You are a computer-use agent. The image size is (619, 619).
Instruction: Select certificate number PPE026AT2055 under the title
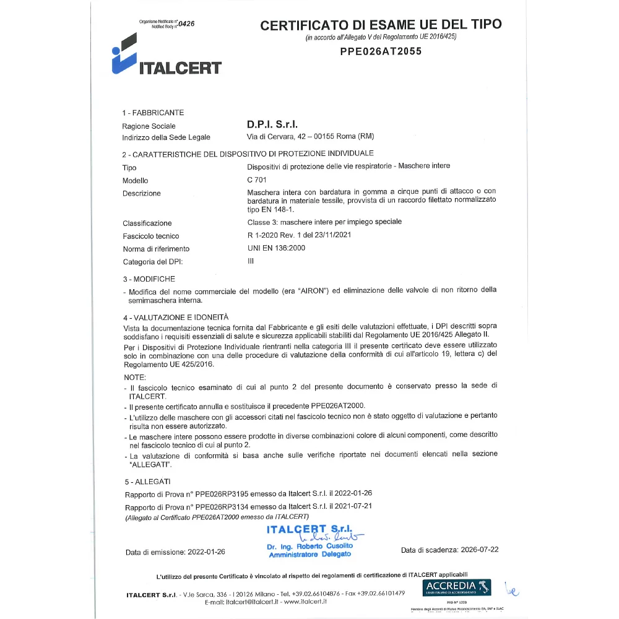click(381, 51)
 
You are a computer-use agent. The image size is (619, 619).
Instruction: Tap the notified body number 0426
click(186, 24)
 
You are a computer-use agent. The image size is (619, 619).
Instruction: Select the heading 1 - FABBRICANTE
click(153, 113)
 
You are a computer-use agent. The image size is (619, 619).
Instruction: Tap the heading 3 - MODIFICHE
click(149, 279)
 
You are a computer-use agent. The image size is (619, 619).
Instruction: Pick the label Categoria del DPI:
click(152, 262)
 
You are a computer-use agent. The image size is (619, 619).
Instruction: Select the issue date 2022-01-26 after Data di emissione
click(205, 552)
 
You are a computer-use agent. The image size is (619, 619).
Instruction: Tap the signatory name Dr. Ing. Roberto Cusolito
click(309, 547)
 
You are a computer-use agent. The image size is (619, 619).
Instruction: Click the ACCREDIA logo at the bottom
click(457, 587)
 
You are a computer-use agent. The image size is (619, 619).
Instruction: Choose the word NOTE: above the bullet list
click(135, 377)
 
